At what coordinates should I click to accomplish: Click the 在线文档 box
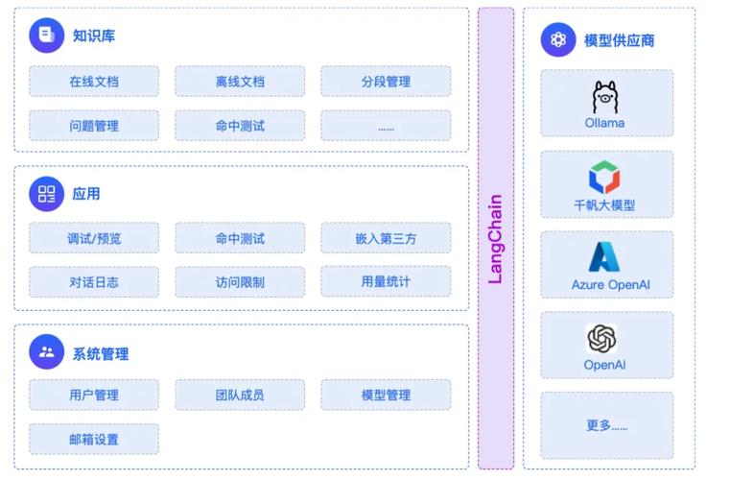pyautogui.click(x=94, y=82)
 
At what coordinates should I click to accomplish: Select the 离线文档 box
pyautogui.click(x=240, y=82)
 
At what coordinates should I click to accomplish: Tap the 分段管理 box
pyautogui.click(x=386, y=82)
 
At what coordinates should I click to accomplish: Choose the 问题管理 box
pyautogui.click(x=94, y=126)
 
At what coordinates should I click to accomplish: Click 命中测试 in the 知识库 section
pyautogui.click(x=240, y=126)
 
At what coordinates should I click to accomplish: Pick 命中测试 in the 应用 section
pyautogui.click(x=240, y=238)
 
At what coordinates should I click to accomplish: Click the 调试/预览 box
pyautogui.click(x=94, y=238)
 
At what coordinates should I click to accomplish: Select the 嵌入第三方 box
pyautogui.click(x=386, y=238)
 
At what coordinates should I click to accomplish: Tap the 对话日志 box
pyautogui.click(x=94, y=282)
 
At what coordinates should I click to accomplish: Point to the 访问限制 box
pyautogui.click(x=240, y=282)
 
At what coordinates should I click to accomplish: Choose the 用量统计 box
pyautogui.click(x=386, y=282)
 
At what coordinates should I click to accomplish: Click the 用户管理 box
pyautogui.click(x=94, y=395)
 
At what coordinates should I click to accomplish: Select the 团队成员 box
pyautogui.click(x=240, y=395)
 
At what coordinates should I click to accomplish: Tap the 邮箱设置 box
pyautogui.click(x=94, y=439)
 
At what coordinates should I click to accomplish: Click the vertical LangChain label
pyautogui.click(x=496, y=239)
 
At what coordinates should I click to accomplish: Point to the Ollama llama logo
pyautogui.click(x=604, y=97)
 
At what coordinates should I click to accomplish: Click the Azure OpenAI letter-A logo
pyautogui.click(x=604, y=257)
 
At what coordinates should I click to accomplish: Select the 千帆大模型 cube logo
pyautogui.click(x=604, y=178)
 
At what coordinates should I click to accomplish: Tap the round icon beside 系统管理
pyautogui.click(x=46, y=352)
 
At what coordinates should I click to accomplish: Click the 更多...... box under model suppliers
pyautogui.click(x=606, y=424)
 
